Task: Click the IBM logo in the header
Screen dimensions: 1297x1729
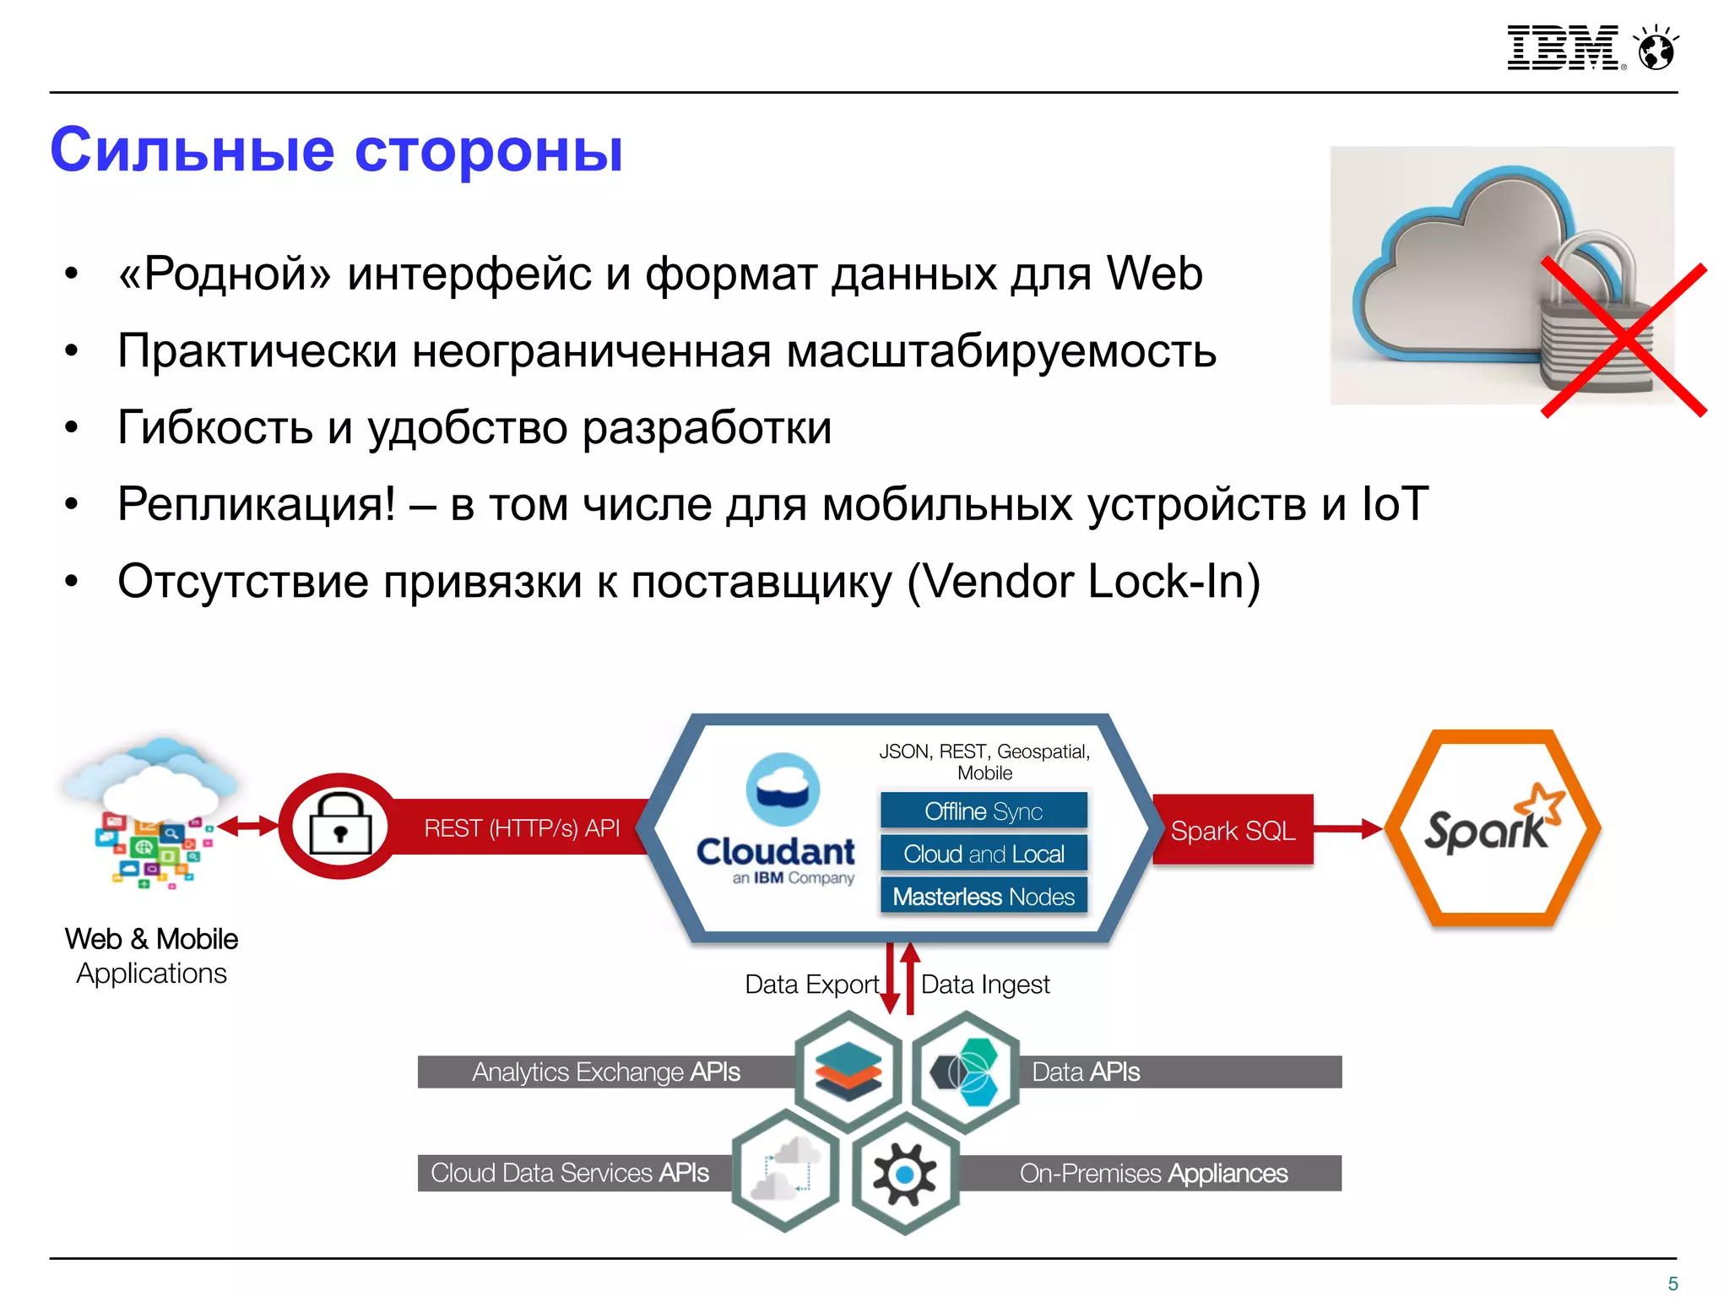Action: coord(1564,47)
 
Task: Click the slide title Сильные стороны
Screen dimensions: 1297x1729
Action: coord(336,150)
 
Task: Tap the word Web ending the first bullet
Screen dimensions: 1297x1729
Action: coord(1154,274)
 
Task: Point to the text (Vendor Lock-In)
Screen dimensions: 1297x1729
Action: coord(1083,582)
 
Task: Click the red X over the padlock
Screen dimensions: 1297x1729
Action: coord(1623,340)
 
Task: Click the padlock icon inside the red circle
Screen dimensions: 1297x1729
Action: coord(340,825)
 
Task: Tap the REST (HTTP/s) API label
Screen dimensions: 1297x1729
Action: coord(522,828)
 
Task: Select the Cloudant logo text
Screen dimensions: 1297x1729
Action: coord(776,851)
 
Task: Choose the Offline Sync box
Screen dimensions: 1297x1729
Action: coord(984,811)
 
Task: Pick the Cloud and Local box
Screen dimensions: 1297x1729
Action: coord(984,854)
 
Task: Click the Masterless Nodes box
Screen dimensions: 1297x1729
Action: coord(984,896)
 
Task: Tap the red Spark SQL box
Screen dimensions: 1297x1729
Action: coord(1233,830)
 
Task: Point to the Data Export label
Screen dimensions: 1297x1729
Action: coord(811,985)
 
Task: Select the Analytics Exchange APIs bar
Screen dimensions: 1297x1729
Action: coord(605,1072)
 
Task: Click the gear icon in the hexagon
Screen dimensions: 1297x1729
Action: coord(904,1174)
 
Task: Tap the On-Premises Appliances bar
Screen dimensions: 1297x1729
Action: coord(1153,1173)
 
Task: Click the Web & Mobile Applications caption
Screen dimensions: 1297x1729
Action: coord(152,956)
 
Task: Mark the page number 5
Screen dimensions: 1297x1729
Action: coord(1672,1283)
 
